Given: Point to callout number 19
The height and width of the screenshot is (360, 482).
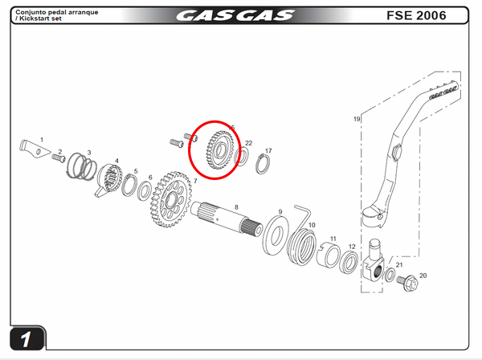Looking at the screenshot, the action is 357,119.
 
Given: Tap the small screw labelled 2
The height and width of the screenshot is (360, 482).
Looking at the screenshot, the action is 59,157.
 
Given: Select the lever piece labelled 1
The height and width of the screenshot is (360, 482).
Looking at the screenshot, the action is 31,149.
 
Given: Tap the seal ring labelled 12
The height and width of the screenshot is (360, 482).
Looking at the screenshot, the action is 351,261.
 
